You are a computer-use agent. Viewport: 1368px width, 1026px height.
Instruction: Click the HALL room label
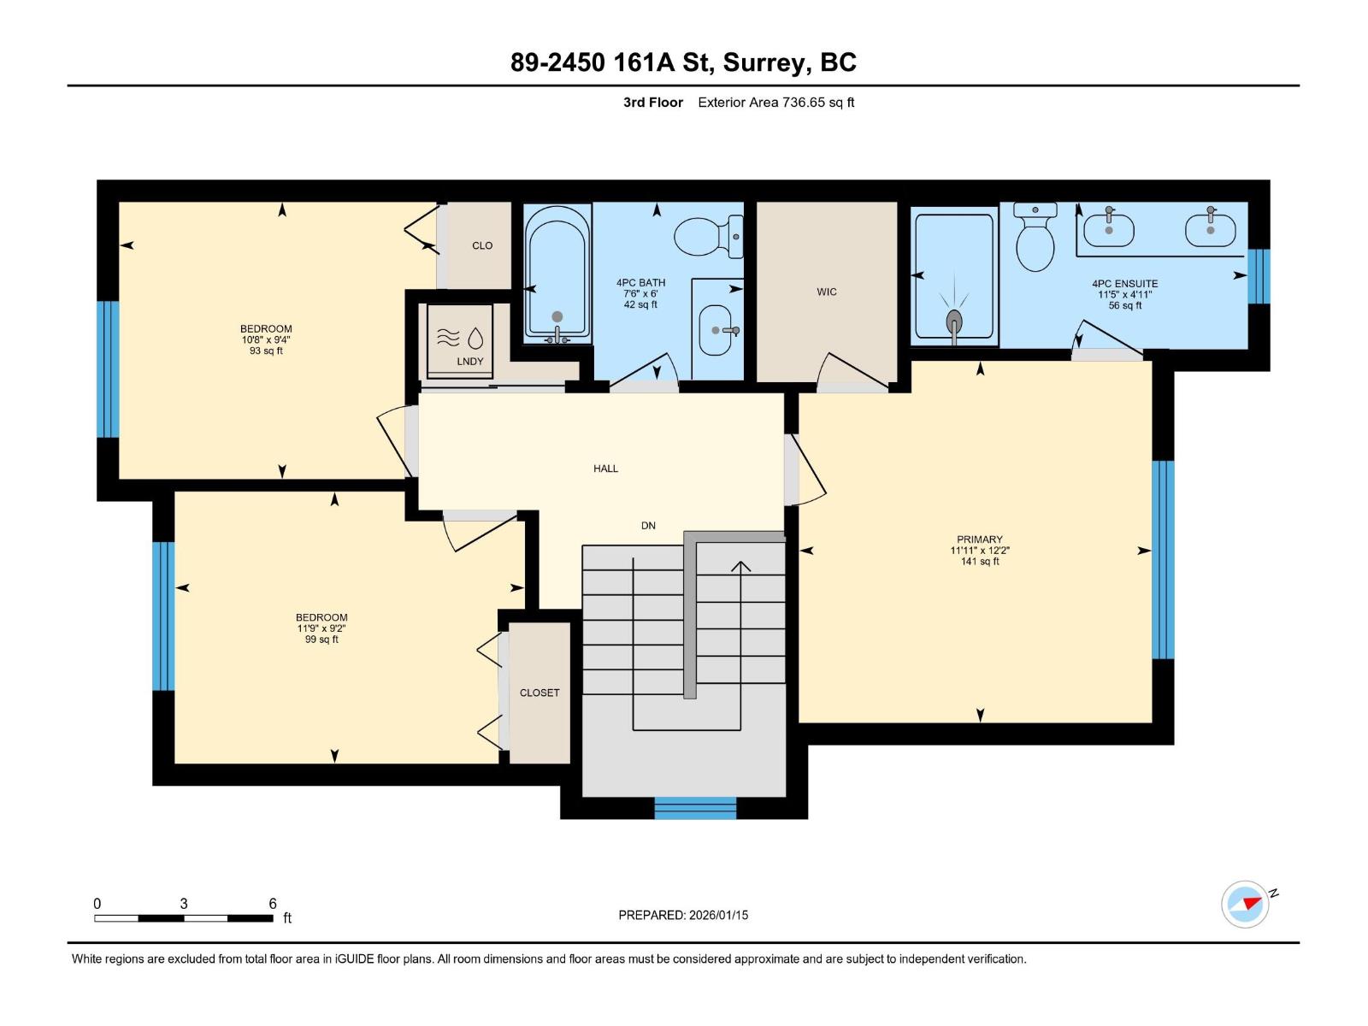tap(605, 469)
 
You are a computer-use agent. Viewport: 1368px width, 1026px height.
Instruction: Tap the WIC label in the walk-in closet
tap(826, 292)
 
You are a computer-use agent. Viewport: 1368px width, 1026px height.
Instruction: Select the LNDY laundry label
tap(469, 362)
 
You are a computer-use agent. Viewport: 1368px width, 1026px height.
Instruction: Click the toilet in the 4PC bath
tap(708, 237)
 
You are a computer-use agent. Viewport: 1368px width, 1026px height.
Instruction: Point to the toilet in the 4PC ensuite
tap(1035, 239)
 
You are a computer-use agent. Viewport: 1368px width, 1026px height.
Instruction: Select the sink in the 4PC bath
tap(716, 330)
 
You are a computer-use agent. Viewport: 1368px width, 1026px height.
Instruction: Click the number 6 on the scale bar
tap(273, 904)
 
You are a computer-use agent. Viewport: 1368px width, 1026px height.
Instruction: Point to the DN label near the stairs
tap(648, 526)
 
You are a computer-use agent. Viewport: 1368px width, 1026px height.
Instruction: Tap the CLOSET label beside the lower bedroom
tap(540, 693)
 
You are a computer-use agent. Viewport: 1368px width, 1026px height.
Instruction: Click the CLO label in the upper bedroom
tap(482, 245)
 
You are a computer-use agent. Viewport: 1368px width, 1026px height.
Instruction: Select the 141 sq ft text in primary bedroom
tap(980, 562)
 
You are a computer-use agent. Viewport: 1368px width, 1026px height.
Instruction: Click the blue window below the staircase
tap(695, 808)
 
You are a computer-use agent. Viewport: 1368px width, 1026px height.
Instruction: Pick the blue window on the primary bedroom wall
tap(1163, 560)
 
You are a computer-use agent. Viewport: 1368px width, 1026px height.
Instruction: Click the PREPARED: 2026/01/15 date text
tap(683, 915)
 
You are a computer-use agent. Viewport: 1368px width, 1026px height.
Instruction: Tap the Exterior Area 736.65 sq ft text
tap(775, 103)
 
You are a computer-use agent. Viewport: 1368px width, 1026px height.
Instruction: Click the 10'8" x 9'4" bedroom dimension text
tap(266, 339)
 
